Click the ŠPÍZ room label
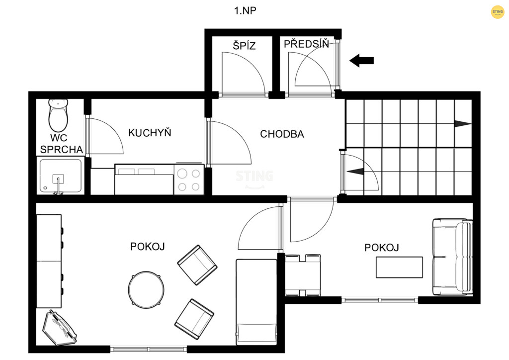pyautogui.click(x=244, y=45)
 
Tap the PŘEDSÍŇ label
pyautogui.click(x=306, y=44)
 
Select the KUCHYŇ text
pyautogui.click(x=150, y=132)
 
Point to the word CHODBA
pyautogui.click(x=282, y=134)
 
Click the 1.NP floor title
pyautogui.click(x=245, y=11)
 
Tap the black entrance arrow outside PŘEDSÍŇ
pyautogui.click(x=362, y=60)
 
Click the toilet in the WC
pyautogui.click(x=59, y=115)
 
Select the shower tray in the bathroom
pyautogui.click(x=61, y=176)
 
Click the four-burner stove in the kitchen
pyautogui.click(x=189, y=180)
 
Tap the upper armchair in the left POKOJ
pyautogui.click(x=197, y=265)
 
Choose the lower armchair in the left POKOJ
pyautogui.click(x=194, y=319)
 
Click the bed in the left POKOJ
pyautogui.click(x=256, y=302)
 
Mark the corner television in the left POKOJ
pyautogui.click(x=60, y=328)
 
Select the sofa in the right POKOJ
pyautogui.click(x=452, y=257)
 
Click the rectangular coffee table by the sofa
pyautogui.click(x=399, y=267)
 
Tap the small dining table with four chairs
pyautogui.click(x=303, y=275)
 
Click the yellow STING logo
pyautogui.click(x=498, y=12)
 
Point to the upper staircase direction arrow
pyautogui.click(x=463, y=124)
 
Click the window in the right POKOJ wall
pyautogui.click(x=380, y=300)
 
